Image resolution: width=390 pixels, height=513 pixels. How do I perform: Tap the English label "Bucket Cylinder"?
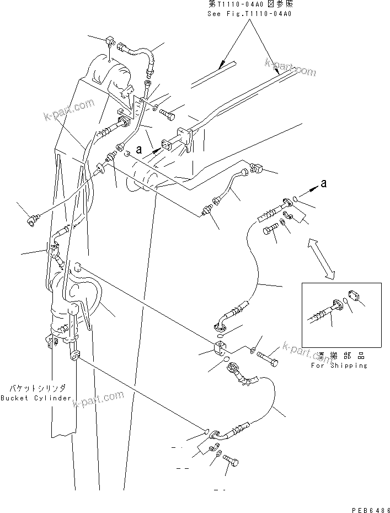tap(35, 398)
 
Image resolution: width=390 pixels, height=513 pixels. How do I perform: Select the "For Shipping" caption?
tap(339, 366)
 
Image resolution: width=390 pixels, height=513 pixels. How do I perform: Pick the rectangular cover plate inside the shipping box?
tap(354, 297)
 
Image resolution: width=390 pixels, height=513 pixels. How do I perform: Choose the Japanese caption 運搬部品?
tap(340, 357)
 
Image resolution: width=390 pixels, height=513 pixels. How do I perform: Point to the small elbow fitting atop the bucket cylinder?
tap(109, 41)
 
